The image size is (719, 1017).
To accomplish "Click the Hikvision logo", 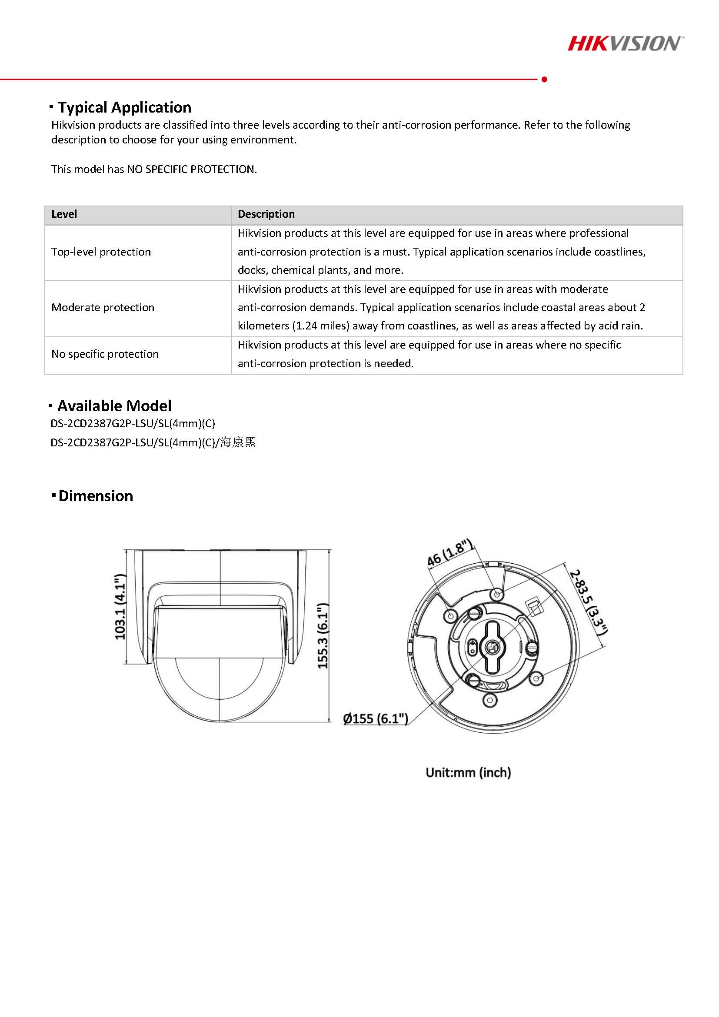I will click(626, 43).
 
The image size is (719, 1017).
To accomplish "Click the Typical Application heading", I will click(124, 108).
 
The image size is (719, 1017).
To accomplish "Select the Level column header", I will click(64, 214).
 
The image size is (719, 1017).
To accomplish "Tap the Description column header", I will click(266, 214).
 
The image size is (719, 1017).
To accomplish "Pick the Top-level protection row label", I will click(101, 252).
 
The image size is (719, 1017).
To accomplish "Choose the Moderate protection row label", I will click(103, 308).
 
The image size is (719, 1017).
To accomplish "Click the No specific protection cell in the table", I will click(105, 354).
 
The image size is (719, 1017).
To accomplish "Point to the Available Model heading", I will click(114, 406).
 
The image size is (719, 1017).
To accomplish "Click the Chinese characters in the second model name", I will click(238, 442).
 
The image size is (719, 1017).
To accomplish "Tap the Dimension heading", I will click(95, 496).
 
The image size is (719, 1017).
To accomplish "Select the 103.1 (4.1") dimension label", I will click(120, 607).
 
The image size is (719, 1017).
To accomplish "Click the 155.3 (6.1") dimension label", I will click(323, 635).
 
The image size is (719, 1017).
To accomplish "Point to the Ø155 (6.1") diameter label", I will click(376, 718).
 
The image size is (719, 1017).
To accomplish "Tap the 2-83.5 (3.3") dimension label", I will click(588, 602).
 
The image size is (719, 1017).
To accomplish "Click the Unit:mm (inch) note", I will click(468, 772).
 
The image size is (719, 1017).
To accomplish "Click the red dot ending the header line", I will click(544, 79).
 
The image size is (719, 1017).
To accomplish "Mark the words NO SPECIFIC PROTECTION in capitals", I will click(191, 169).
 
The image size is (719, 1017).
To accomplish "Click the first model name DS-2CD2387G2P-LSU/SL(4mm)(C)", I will click(133, 424).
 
